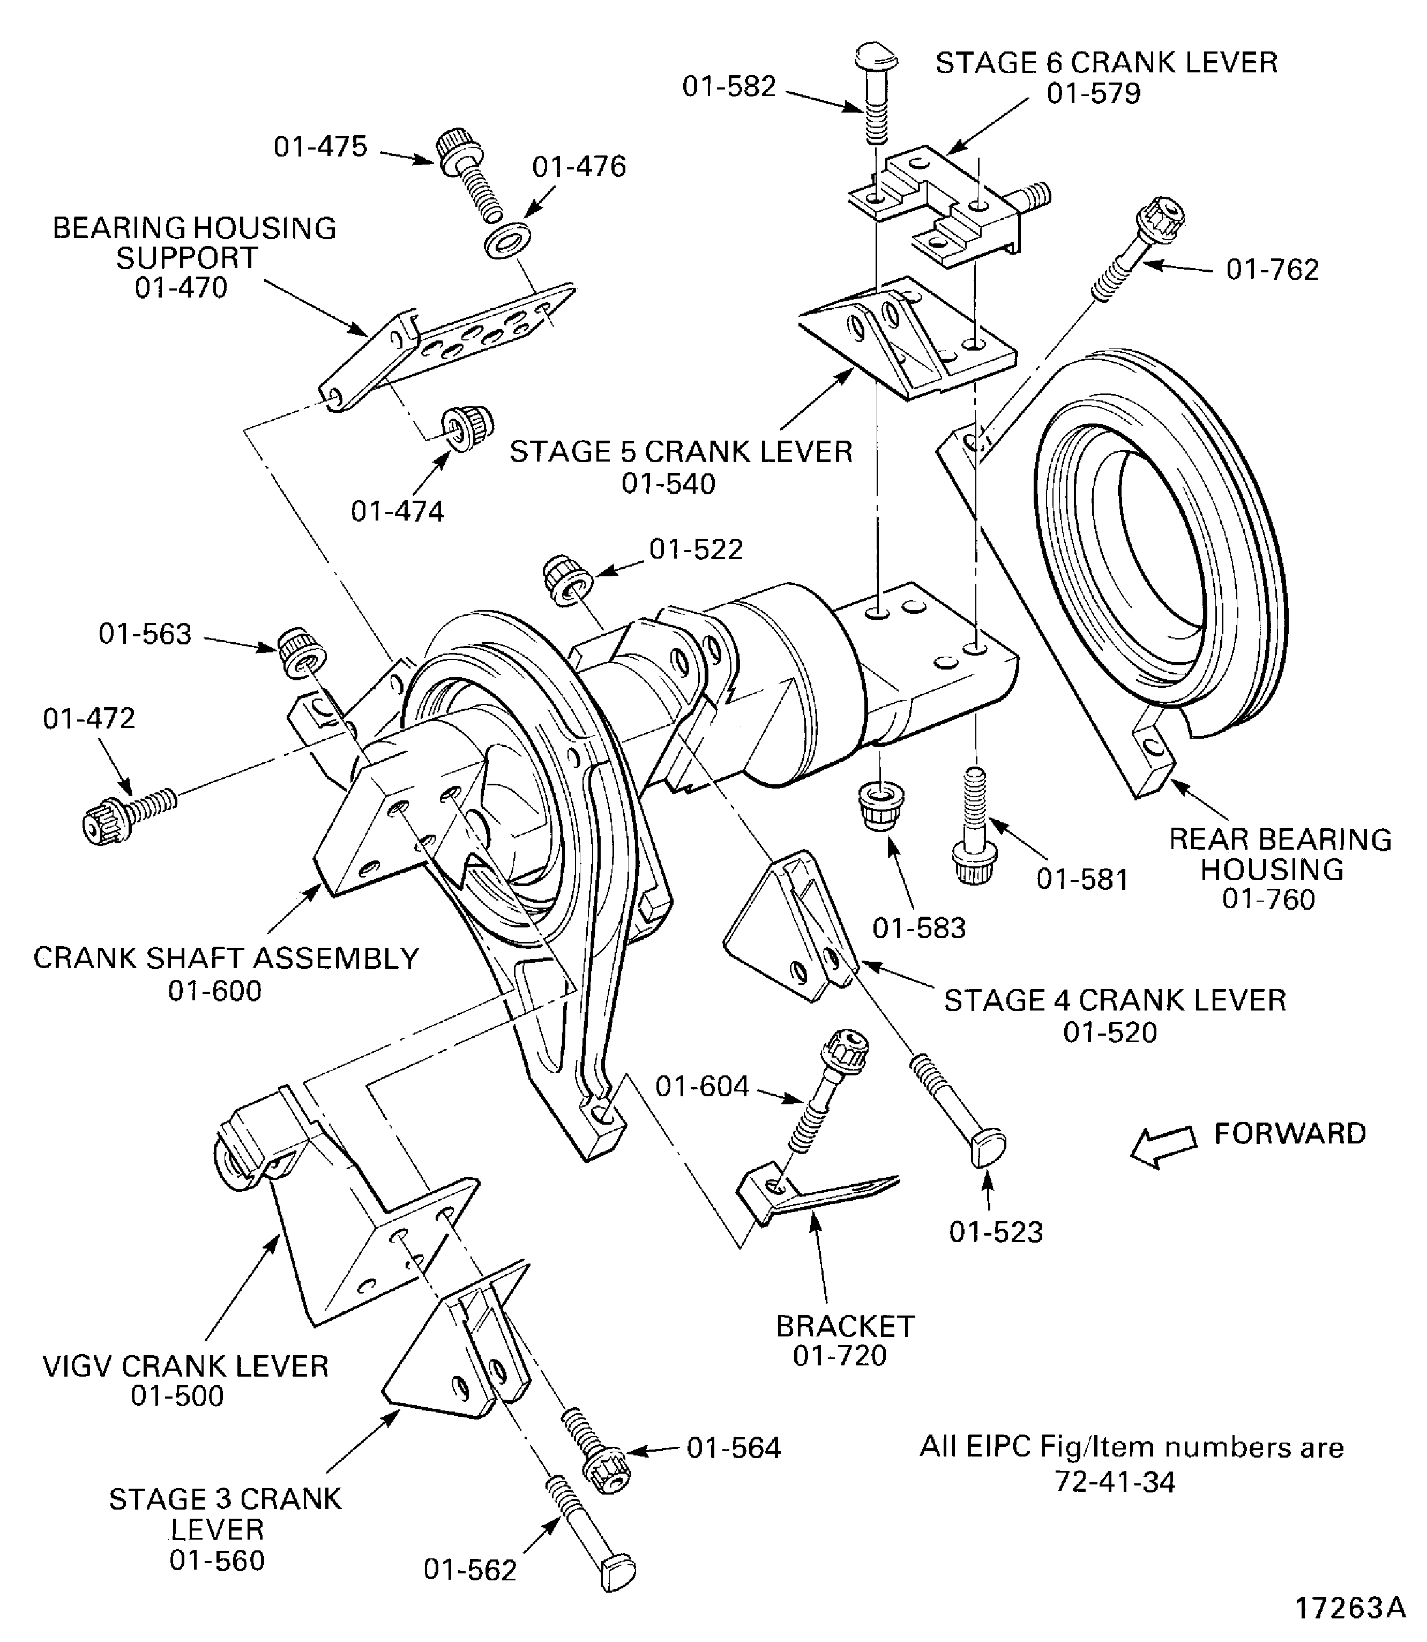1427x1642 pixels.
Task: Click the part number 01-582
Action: pos(729,87)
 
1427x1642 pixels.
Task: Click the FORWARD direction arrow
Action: pos(1163,1147)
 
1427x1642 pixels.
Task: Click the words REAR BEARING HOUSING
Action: pos(1280,853)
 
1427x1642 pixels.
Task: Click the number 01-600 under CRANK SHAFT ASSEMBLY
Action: pos(214,991)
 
